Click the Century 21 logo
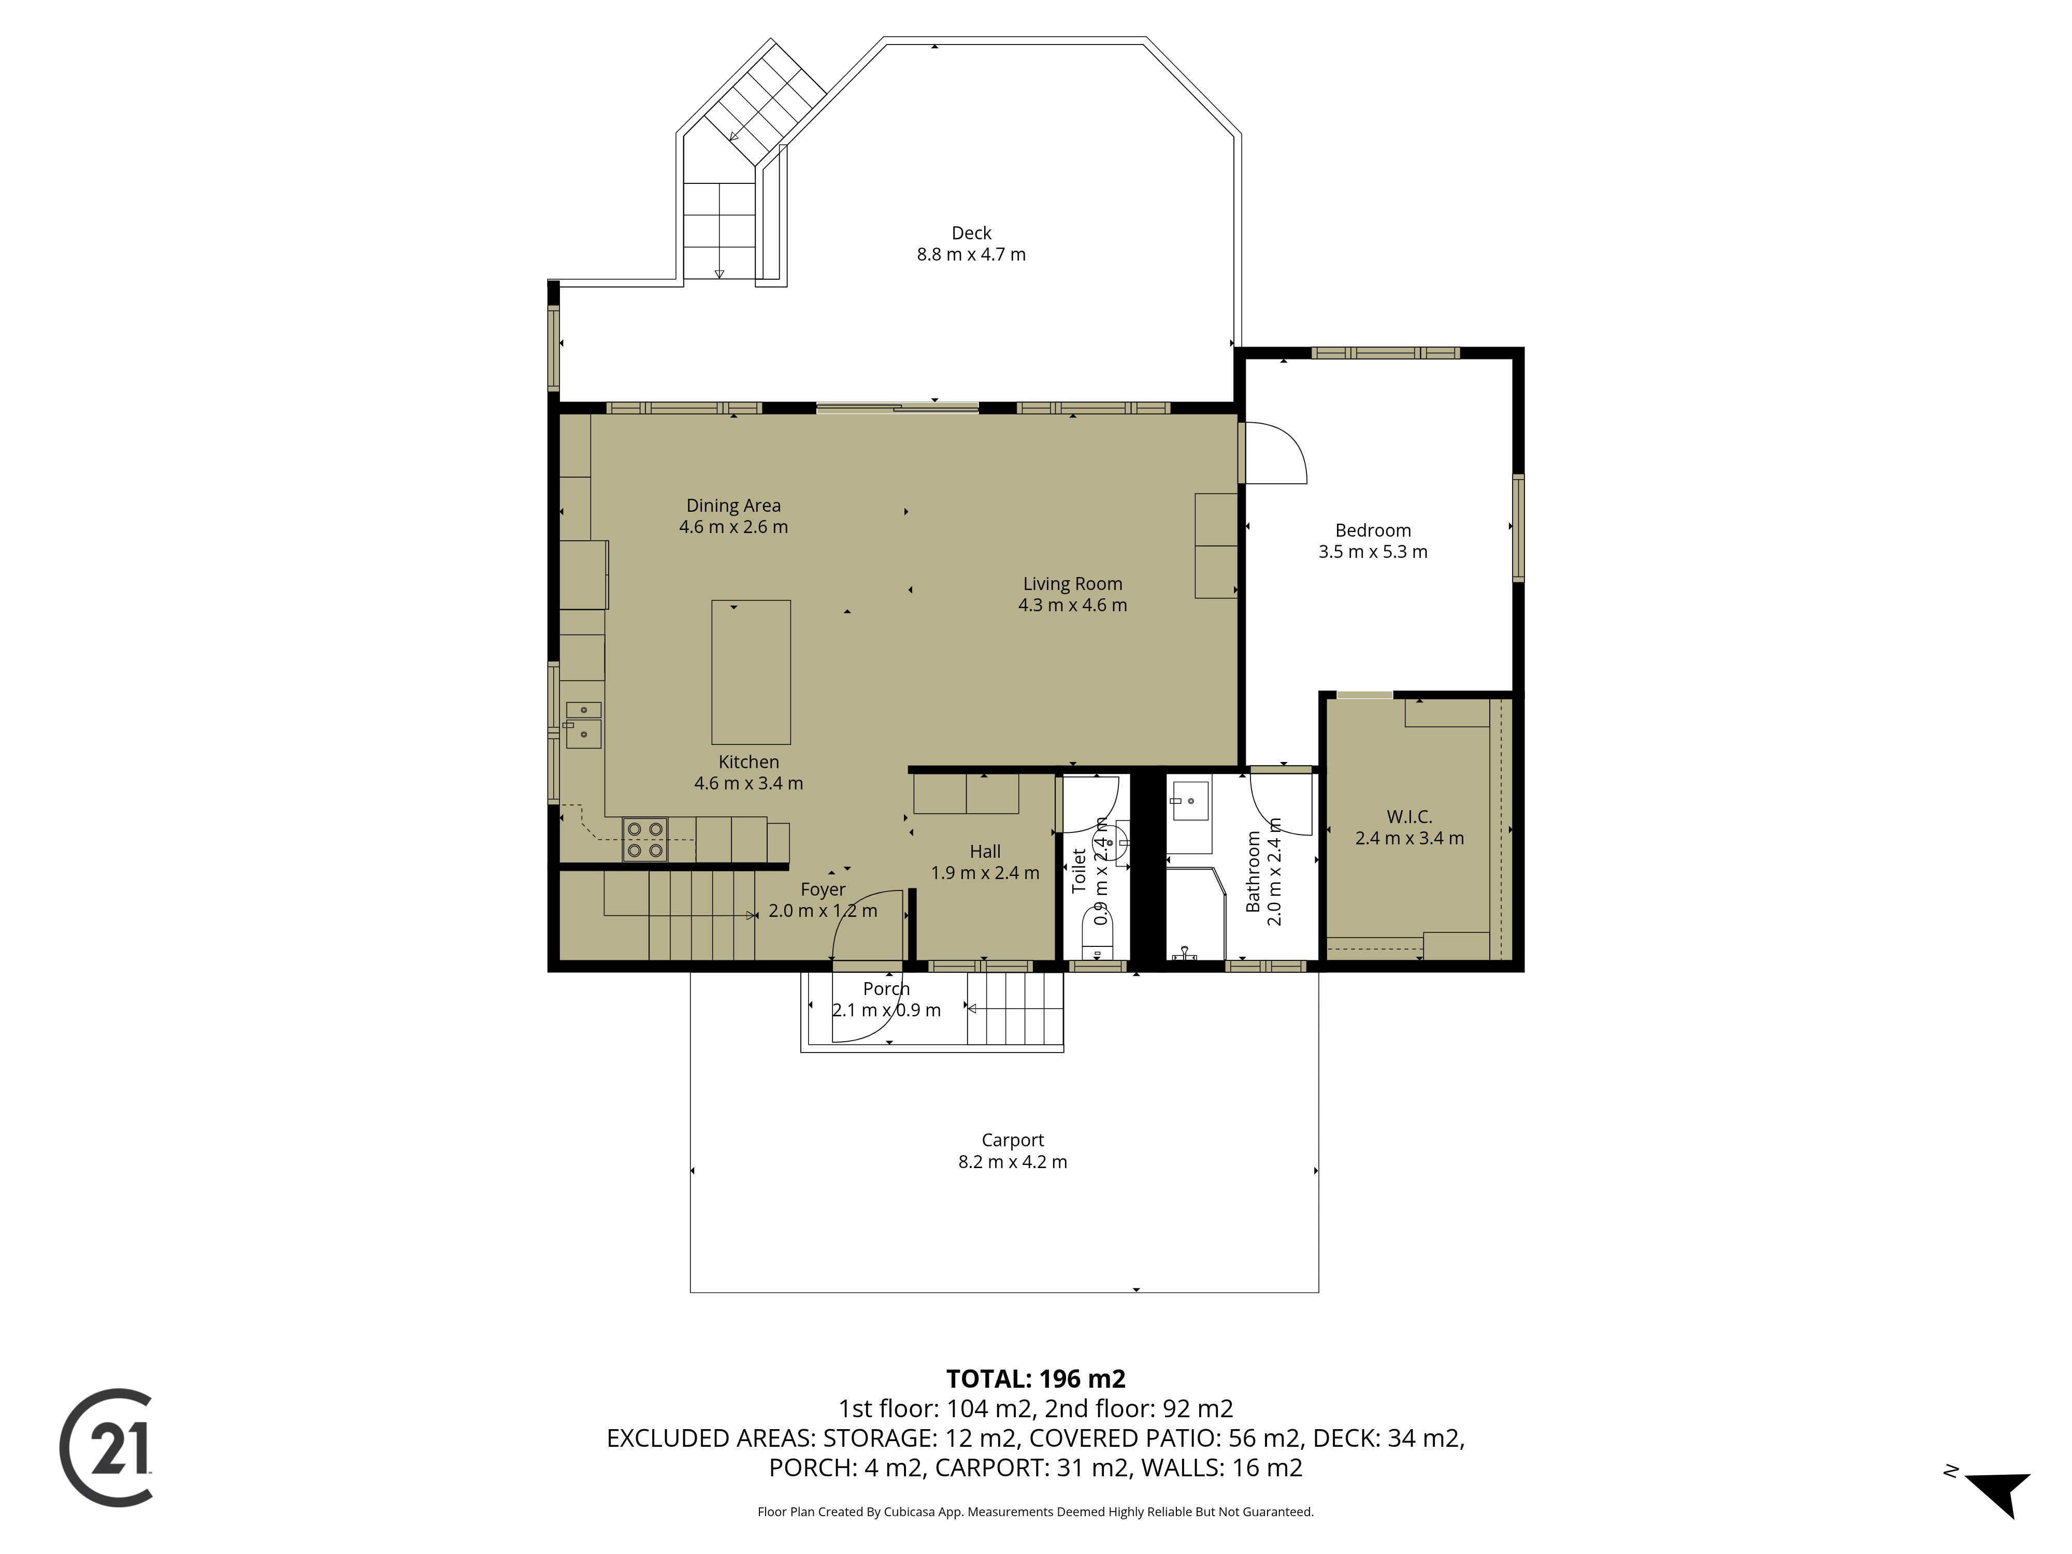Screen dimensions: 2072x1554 [106, 1447]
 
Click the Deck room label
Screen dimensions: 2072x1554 [971, 233]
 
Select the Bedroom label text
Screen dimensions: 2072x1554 [1373, 530]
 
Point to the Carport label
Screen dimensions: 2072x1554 [1013, 1140]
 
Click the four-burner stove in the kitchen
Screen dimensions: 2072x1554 [645, 839]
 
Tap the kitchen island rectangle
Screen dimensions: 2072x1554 [751, 672]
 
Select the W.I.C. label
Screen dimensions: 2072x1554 [1410, 817]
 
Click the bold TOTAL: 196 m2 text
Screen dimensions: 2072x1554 [1036, 1379]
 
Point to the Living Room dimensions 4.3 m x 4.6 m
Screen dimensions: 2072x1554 [1073, 605]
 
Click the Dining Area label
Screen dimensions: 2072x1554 [733, 506]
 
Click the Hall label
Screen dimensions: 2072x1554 [985, 852]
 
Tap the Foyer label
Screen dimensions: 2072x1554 [824, 890]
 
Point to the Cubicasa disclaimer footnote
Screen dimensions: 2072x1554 [1036, 1511]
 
